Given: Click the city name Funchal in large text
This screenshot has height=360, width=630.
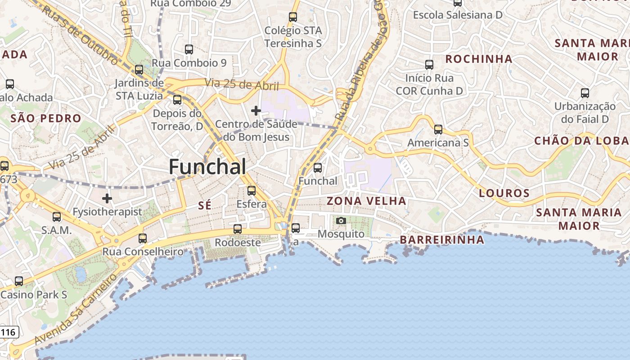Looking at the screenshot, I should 207,167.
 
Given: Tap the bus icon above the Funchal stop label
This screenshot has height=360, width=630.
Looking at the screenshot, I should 318,168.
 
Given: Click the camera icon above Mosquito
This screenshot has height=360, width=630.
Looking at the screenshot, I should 341,220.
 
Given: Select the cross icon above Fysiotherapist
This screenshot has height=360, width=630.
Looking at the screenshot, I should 107,198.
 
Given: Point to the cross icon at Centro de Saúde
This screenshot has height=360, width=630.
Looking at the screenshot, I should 256,110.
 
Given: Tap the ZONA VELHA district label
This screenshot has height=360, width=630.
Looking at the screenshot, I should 366,201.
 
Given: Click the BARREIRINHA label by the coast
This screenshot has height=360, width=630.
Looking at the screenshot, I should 442,240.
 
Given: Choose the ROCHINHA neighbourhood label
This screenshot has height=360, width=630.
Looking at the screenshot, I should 479,59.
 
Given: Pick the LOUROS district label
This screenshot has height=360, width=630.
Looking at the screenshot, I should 504,193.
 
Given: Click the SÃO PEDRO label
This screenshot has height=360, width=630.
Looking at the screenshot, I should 45,119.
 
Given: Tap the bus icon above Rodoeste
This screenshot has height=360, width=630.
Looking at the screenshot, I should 238,229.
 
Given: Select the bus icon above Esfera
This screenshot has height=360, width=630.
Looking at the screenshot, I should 252,191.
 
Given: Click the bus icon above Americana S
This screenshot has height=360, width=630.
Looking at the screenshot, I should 438,130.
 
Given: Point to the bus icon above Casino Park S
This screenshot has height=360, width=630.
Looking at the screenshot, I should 19,281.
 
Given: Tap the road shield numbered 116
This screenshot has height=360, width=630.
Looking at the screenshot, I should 9,333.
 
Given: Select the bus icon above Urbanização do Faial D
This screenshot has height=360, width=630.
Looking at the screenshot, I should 585,93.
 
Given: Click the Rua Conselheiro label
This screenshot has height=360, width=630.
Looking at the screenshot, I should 143,252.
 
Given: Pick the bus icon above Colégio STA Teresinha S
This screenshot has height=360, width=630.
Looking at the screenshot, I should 293,17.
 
